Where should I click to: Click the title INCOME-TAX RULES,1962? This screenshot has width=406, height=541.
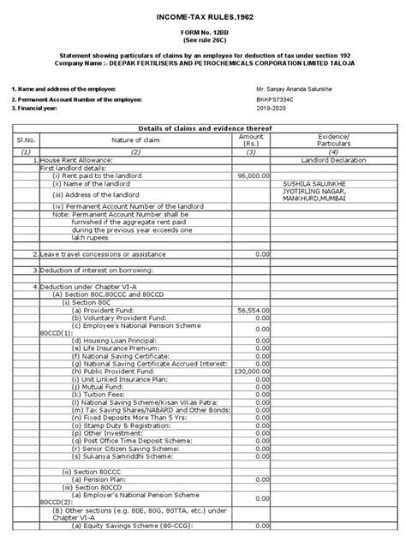203,17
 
